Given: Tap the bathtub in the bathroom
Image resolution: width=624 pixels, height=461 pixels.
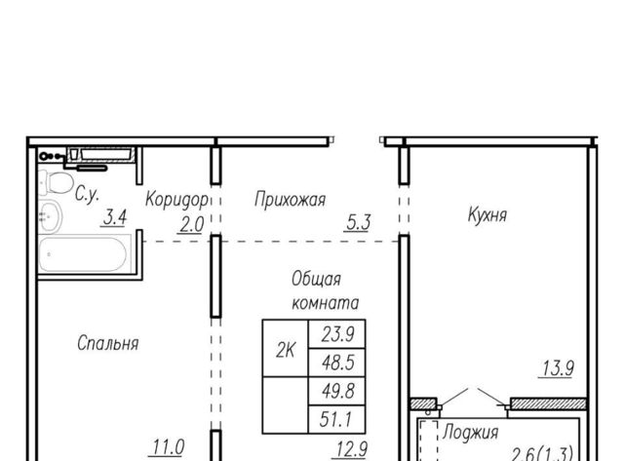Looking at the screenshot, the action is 85,253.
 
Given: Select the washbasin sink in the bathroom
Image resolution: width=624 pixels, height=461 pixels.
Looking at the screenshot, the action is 50,216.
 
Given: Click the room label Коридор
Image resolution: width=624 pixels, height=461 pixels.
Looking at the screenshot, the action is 176,199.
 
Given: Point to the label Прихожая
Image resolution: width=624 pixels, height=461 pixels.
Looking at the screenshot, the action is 291,199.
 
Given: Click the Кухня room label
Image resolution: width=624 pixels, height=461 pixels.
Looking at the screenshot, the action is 487,215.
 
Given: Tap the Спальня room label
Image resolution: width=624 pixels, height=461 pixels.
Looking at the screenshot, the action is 108,343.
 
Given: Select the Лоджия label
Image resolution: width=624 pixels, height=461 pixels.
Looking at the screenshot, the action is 470,433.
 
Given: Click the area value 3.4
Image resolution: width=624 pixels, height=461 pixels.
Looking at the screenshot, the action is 115,217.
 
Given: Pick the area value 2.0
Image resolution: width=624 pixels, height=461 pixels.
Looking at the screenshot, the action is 191,225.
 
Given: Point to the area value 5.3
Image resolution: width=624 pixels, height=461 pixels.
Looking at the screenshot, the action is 358,223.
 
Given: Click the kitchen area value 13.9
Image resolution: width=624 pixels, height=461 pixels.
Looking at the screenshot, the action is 557,368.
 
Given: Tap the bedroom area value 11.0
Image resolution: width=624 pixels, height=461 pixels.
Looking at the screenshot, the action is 168,447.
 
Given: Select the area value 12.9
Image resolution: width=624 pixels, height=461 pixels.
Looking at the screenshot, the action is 351,450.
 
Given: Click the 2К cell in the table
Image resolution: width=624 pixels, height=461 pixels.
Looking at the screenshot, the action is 286,349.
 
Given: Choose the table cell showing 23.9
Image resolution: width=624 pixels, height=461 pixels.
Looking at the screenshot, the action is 337,334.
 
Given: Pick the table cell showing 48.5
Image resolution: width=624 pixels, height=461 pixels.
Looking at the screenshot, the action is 337,363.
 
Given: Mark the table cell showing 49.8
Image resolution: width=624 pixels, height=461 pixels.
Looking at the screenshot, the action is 337,391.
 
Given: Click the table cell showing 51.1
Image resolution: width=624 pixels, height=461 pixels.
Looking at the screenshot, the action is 337,419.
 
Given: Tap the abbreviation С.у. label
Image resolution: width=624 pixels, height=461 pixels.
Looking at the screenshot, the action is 87,195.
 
